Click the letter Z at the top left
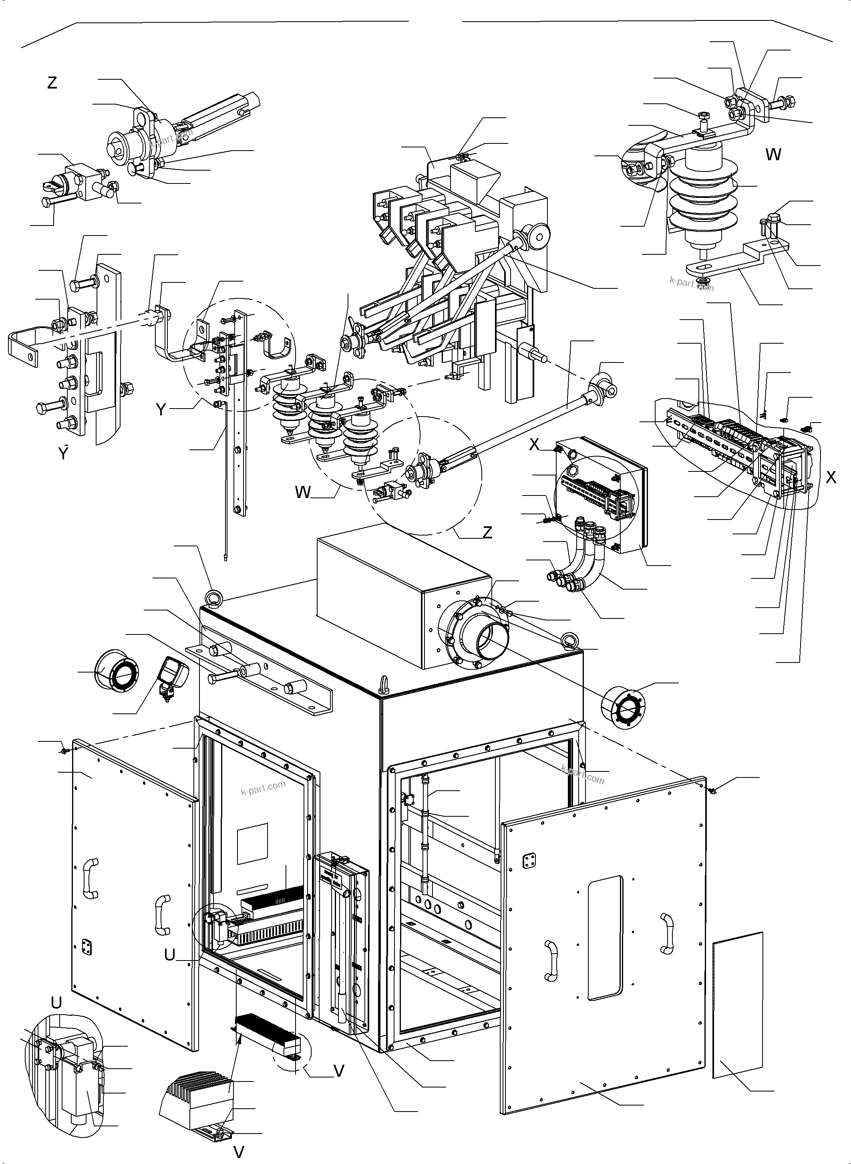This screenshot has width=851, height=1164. (52, 83)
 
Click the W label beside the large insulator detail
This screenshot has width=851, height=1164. (773, 154)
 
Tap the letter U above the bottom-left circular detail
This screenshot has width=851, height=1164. (56, 1002)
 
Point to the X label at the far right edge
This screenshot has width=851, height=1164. (831, 478)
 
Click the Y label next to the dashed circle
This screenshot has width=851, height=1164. (161, 410)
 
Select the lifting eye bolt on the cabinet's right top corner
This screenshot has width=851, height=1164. (570, 639)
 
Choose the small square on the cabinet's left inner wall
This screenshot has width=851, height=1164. (252, 844)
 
